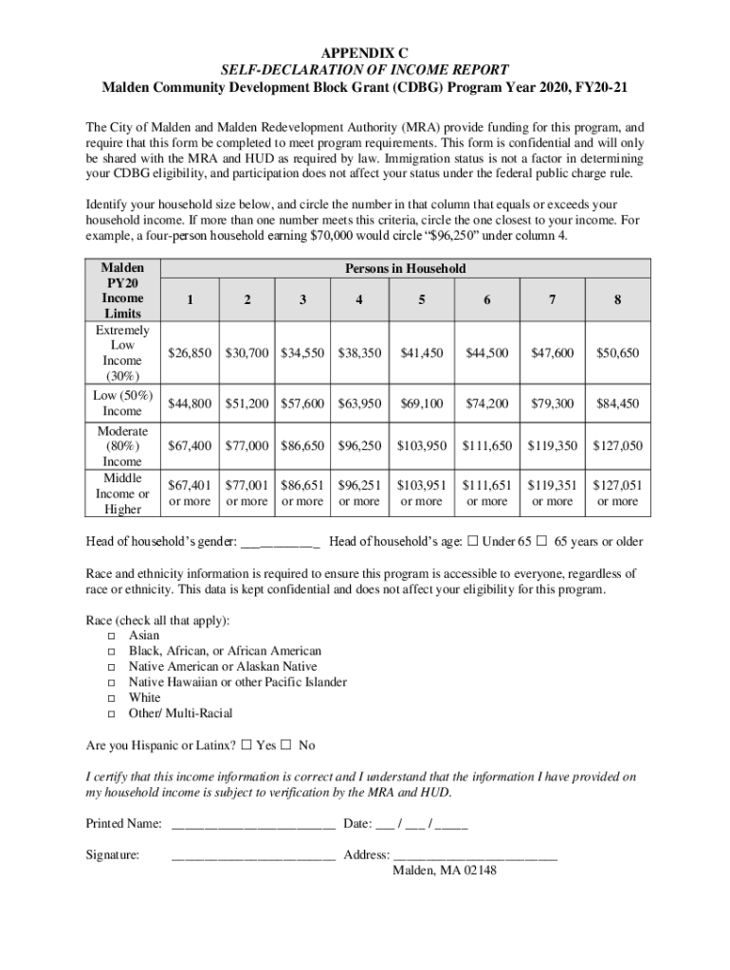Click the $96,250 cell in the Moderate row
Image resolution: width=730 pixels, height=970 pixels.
[359, 445]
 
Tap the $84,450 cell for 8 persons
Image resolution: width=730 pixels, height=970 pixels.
[617, 404]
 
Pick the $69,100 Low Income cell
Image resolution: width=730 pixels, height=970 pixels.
[421, 404]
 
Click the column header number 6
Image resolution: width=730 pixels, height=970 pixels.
[486, 300]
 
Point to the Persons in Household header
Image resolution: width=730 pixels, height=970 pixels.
[405, 268]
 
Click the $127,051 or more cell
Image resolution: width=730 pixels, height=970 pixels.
[617, 493]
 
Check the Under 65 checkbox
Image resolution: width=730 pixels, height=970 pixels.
[472, 542]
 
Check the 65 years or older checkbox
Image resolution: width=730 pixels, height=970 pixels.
[542, 542]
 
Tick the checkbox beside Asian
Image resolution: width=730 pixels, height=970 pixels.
[111, 636]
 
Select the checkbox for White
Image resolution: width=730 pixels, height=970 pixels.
[111, 698]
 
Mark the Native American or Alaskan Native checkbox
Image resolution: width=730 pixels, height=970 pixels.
[111, 667]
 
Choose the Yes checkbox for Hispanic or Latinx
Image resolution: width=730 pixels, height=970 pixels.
[246, 745]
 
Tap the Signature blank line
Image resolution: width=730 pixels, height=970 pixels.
[253, 857]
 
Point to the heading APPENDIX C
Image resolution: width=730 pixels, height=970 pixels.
[365, 52]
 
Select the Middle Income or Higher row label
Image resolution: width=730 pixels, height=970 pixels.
[122, 494]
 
